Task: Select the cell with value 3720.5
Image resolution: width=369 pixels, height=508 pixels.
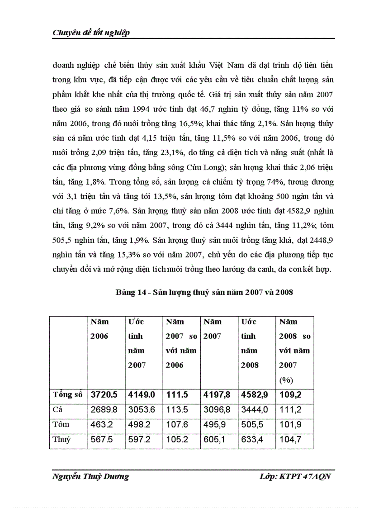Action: point(104,394)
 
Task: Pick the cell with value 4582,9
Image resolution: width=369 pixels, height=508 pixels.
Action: point(255,394)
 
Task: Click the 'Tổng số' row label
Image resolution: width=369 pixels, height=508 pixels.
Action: point(67,394)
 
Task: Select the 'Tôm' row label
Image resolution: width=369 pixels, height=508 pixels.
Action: point(61,424)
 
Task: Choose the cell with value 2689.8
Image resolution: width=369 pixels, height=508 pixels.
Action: point(104,409)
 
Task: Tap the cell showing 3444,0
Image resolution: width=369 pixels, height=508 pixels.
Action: point(255,409)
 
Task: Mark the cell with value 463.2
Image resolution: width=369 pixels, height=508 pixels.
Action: point(101,424)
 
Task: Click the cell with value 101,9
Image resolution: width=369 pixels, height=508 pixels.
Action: point(290,424)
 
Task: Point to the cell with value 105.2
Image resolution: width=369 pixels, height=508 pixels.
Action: point(176,439)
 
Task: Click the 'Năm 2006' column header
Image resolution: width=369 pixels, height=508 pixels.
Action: point(99,329)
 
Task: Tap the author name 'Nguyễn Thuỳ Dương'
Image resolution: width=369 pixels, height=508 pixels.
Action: point(90,477)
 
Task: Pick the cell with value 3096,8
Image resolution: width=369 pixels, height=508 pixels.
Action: point(217,409)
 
